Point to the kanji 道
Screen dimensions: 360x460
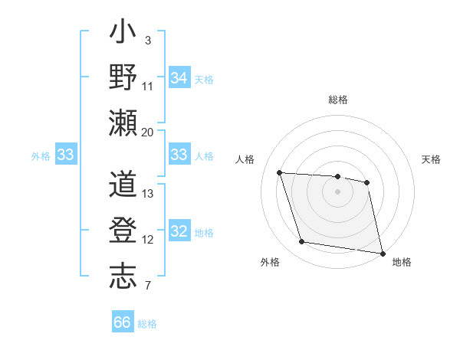123,186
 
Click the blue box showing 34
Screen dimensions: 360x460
179,77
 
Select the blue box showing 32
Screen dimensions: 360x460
179,232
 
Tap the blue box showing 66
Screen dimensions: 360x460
123,322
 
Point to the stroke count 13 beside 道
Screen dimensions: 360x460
148,194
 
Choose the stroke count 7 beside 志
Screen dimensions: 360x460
147,286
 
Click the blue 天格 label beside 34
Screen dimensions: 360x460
203,79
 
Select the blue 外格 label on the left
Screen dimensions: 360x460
41,155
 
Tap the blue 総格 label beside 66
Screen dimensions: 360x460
147,324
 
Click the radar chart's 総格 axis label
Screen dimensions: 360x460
337,100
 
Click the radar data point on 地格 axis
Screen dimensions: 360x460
381,252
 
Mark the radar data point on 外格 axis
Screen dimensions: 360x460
302,242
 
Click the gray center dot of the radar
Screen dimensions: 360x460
337,191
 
